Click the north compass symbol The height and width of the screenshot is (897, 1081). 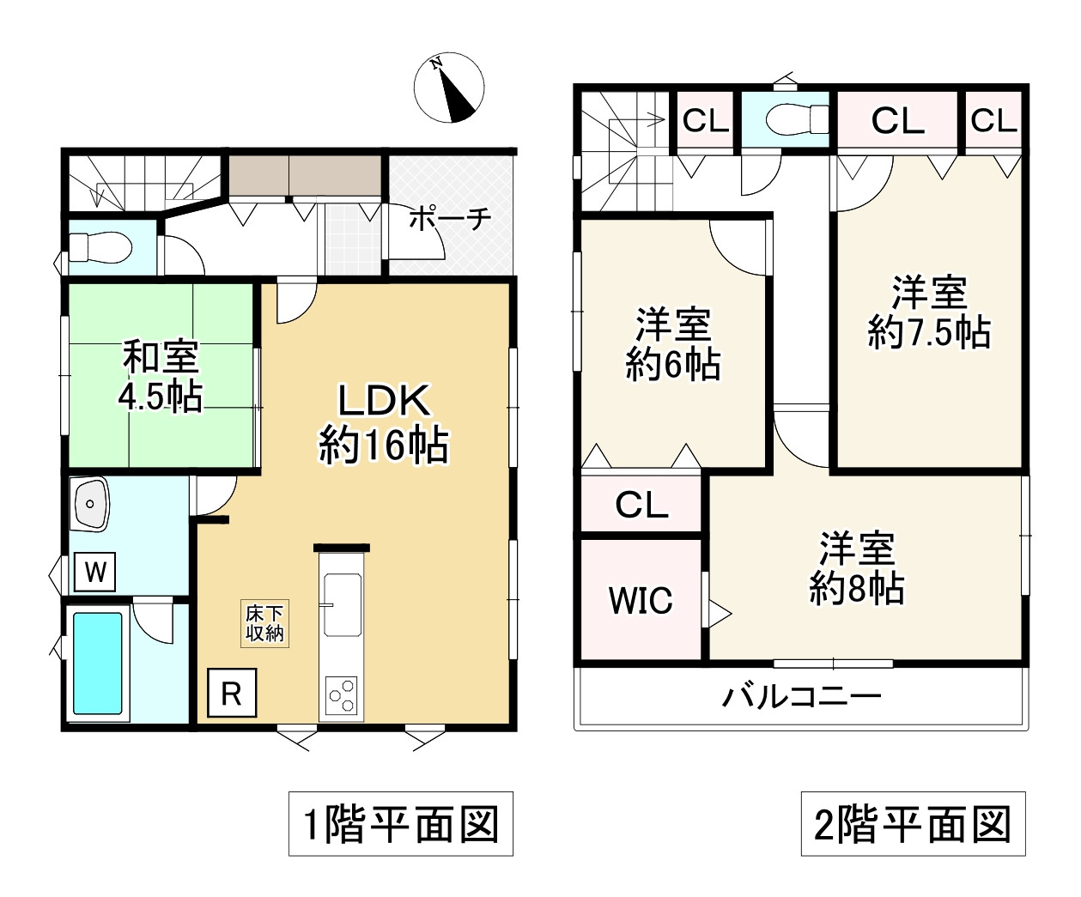click(x=449, y=88)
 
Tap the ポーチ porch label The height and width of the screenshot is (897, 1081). click(x=449, y=220)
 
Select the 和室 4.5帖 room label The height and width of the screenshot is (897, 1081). click(x=161, y=376)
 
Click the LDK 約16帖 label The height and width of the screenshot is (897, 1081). click(x=383, y=423)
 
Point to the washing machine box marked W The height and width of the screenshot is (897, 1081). click(x=94, y=572)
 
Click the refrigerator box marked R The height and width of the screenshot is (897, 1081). click(x=232, y=693)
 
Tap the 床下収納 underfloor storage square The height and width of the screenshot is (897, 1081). click(x=264, y=624)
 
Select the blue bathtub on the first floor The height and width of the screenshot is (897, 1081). click(x=97, y=664)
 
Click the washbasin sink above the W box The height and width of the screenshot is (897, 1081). click(x=91, y=504)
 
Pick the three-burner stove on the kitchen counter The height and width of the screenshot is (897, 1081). click(x=341, y=696)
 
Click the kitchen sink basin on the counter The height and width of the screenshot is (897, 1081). click(x=343, y=604)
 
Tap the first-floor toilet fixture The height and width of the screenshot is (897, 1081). click(x=100, y=247)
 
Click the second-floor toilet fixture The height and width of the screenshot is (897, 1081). click(x=796, y=120)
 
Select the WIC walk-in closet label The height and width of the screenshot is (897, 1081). click(x=641, y=600)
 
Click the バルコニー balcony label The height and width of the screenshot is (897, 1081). click(x=801, y=696)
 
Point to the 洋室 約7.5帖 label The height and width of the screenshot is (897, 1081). click(x=929, y=312)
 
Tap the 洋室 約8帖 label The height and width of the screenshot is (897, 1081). click(x=857, y=567)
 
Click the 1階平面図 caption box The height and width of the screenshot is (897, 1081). click(x=401, y=823)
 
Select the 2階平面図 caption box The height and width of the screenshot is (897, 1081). click(x=914, y=823)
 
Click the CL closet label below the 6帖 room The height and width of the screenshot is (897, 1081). click(x=641, y=504)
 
